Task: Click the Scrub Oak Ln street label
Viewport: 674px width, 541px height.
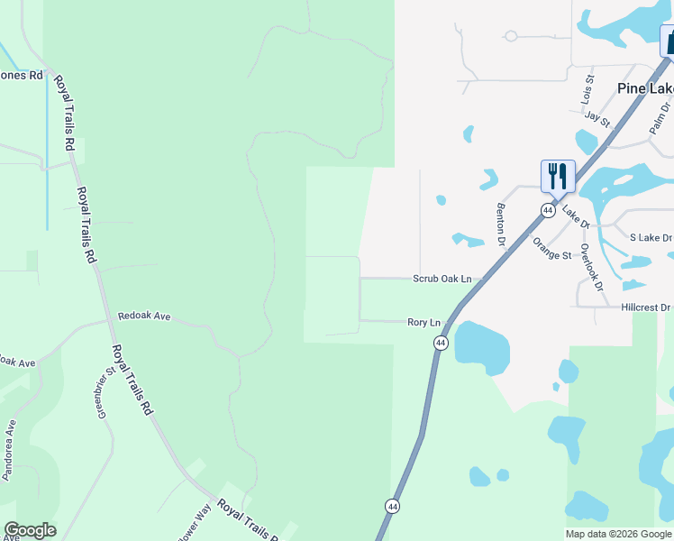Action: (x=442, y=280)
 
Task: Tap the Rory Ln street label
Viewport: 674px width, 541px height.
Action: (x=424, y=322)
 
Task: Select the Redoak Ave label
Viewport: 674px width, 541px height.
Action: (x=144, y=317)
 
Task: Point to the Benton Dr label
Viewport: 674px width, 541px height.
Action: (x=500, y=225)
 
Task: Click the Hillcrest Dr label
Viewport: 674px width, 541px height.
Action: (x=646, y=307)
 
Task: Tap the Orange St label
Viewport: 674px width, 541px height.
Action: (x=551, y=248)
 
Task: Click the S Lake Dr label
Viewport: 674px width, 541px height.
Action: (x=651, y=237)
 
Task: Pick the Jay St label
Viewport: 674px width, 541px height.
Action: (x=597, y=117)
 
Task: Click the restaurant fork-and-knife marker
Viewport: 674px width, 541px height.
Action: (x=558, y=175)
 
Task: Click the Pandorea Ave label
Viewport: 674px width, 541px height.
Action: (x=10, y=449)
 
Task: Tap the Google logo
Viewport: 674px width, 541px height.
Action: (x=30, y=530)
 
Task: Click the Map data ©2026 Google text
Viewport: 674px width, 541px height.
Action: (x=617, y=534)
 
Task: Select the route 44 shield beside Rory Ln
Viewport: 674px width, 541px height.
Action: (x=441, y=343)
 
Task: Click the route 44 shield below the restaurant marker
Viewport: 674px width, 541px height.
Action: (x=547, y=210)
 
